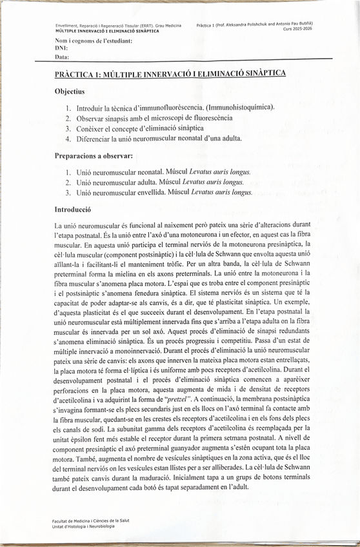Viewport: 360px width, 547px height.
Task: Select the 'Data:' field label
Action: pos(63,57)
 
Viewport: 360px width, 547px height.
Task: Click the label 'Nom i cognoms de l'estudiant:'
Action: pos(94,41)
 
